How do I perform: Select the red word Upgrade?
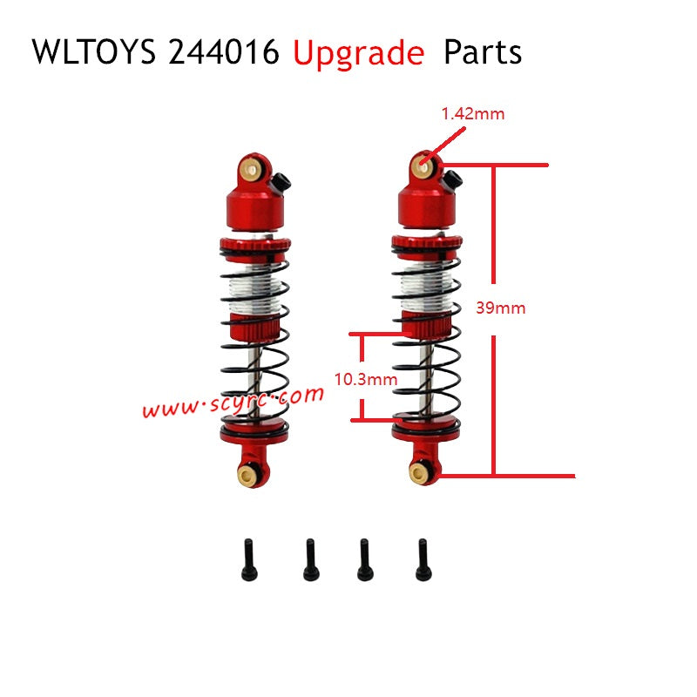click(359, 52)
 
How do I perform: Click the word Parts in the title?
click(483, 52)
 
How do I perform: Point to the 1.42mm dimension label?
click(473, 113)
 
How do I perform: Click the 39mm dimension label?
click(502, 308)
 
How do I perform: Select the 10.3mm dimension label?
click(366, 379)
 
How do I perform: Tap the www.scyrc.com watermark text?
click(233, 402)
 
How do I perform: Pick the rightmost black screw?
click(423, 558)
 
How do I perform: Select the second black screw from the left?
click(309, 558)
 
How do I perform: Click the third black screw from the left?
click(364, 558)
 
